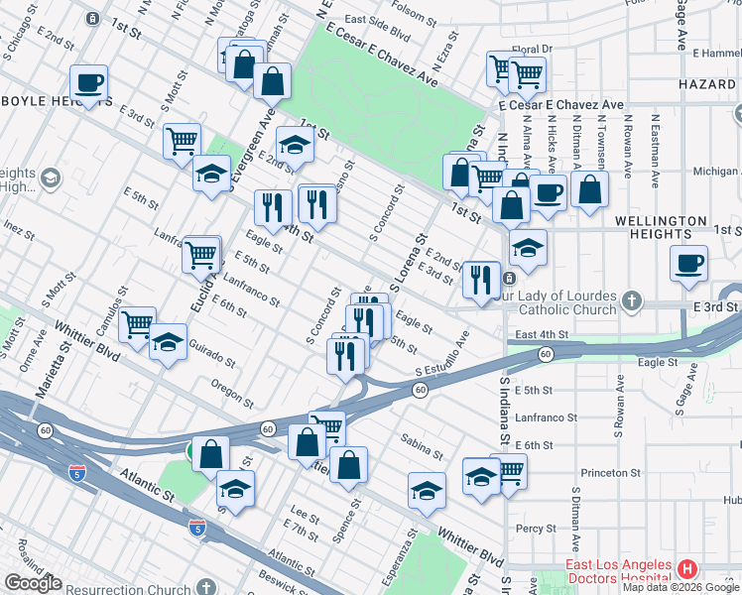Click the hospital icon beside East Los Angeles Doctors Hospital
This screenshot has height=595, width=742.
point(687,569)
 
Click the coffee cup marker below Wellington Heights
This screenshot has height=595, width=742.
point(688,263)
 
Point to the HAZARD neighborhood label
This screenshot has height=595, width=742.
point(707,86)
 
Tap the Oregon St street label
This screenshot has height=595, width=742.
point(232,393)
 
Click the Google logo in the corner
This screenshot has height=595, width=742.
point(33,584)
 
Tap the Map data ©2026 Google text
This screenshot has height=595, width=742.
point(680,587)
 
